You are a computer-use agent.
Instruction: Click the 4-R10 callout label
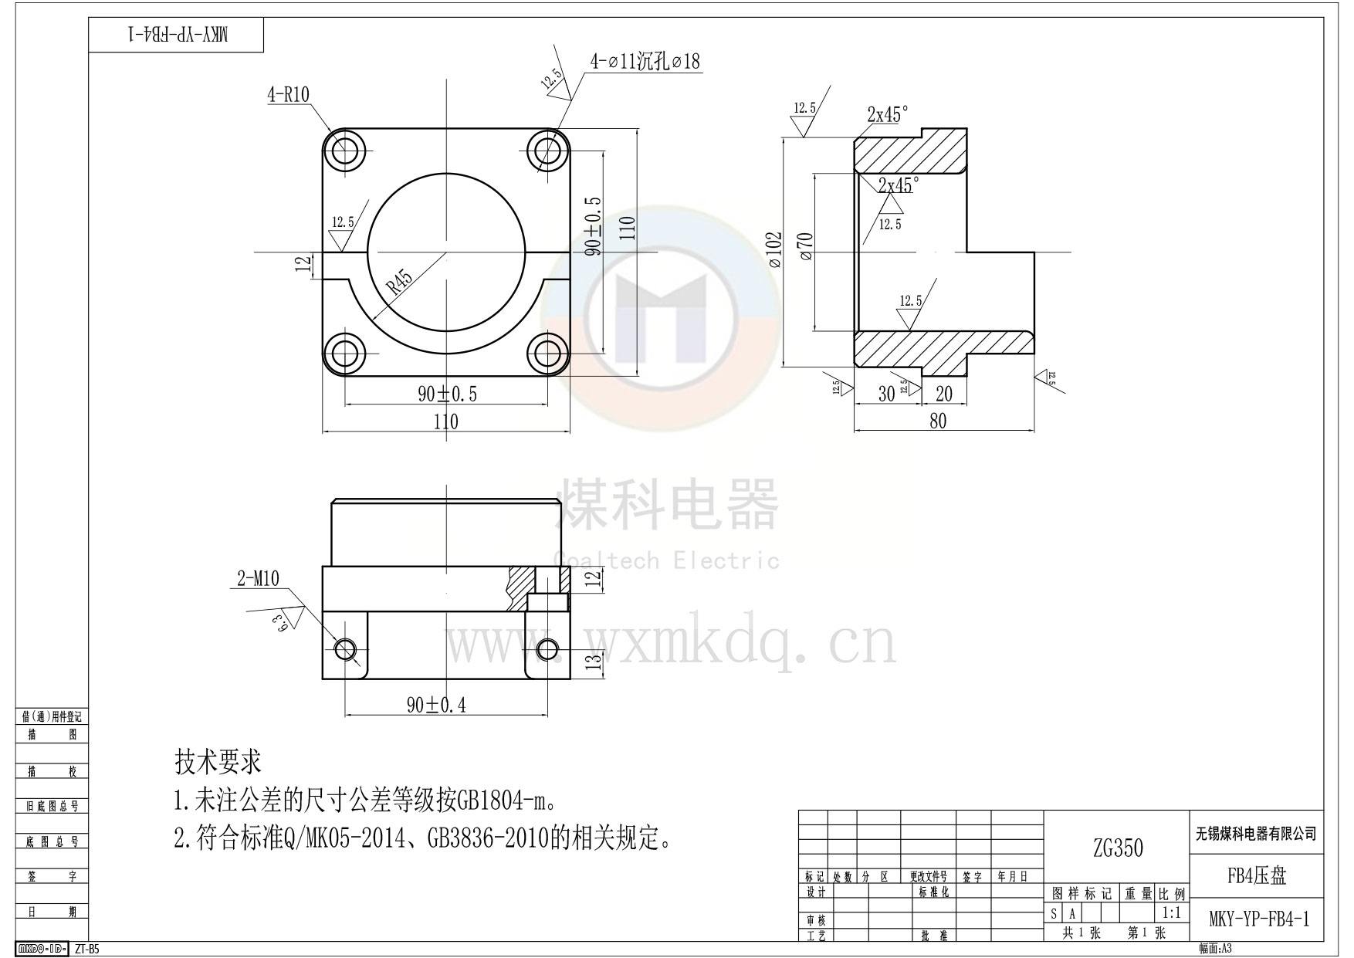288,95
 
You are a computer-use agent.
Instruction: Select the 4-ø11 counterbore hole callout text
645,62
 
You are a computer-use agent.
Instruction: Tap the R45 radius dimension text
399,283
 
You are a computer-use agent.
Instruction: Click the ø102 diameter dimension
775,250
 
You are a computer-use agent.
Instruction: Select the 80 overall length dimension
937,421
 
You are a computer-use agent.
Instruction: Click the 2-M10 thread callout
258,579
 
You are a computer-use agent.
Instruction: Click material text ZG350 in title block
1117,848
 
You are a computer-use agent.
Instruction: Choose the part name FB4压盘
1256,875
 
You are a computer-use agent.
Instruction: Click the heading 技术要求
218,762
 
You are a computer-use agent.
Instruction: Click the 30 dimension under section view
886,394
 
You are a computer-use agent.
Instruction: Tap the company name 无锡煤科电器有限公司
1256,834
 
